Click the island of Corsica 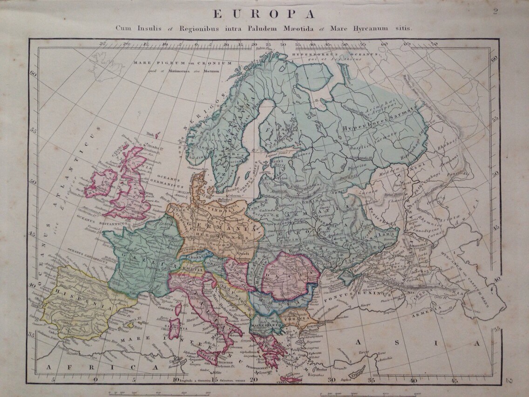point(178,308)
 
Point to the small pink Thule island point(157,136)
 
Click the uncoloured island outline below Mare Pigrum point(107,65)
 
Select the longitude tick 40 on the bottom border point(413,380)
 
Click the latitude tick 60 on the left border point(33,74)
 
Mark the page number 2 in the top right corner point(495,11)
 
